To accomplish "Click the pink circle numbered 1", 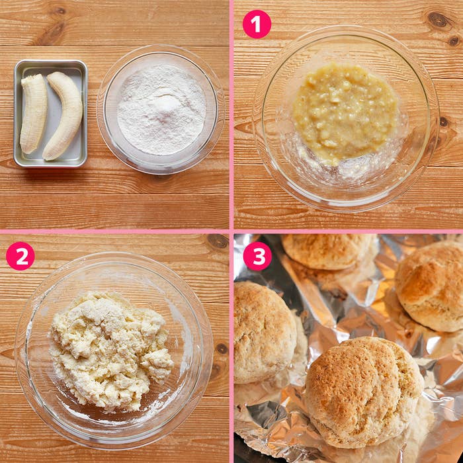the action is (x=257, y=24).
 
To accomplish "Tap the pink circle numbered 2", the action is (x=21, y=256).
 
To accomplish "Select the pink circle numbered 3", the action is (x=257, y=257).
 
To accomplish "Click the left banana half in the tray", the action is (x=33, y=114).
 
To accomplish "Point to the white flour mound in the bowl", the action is (x=161, y=109).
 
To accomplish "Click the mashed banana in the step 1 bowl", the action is (x=345, y=114).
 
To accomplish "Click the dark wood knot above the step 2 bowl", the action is (x=218, y=241).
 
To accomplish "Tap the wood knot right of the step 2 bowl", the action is (x=222, y=349).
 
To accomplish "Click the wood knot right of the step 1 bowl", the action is (x=443, y=122).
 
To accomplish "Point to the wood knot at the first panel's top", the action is (x=61, y=11).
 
